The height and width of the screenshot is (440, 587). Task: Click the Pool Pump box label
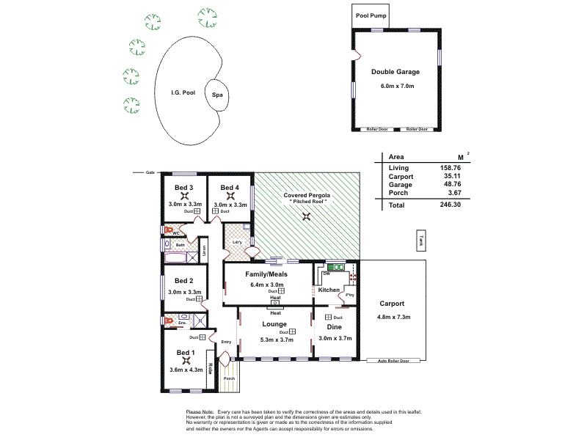(x=371, y=15)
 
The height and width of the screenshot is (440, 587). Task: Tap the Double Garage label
(x=395, y=72)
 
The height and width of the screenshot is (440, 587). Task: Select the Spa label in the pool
(x=217, y=95)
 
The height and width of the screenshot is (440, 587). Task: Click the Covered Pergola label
(x=307, y=196)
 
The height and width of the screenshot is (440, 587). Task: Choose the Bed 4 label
(x=230, y=188)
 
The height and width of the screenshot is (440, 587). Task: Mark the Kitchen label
(x=329, y=290)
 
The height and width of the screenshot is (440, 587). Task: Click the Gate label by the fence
(x=150, y=172)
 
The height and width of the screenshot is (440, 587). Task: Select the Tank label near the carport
(x=420, y=239)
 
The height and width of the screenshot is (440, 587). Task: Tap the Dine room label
(x=335, y=327)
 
